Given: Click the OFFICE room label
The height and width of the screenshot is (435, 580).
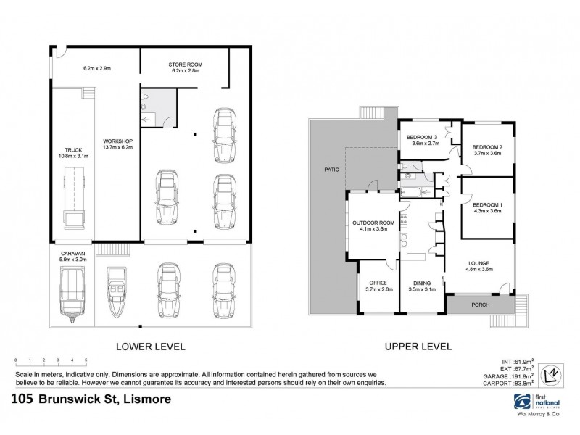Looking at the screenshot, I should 378,282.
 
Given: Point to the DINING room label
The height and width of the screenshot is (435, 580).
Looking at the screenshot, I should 422,282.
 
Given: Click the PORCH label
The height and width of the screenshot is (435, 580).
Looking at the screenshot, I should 479,304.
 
